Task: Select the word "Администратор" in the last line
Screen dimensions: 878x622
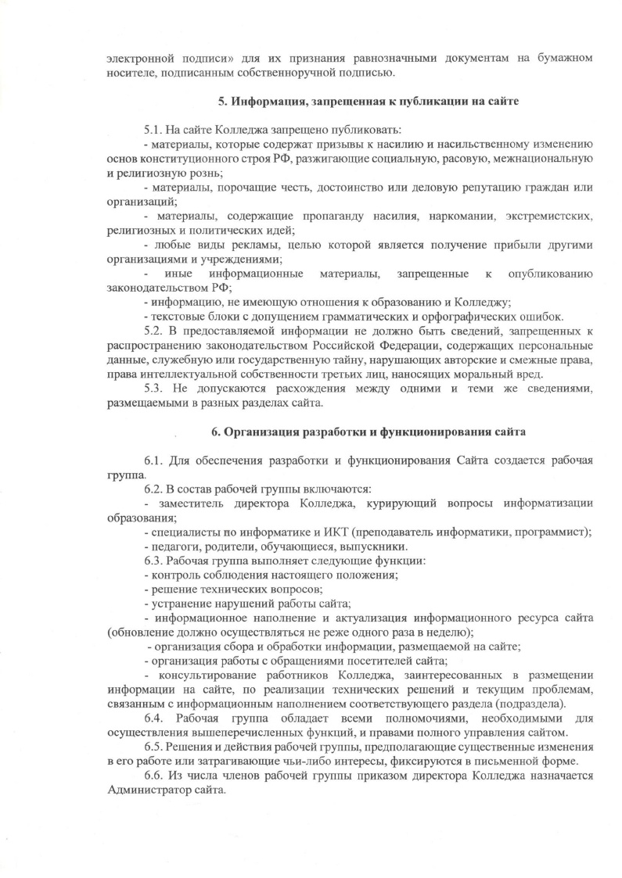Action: (x=146, y=790)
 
